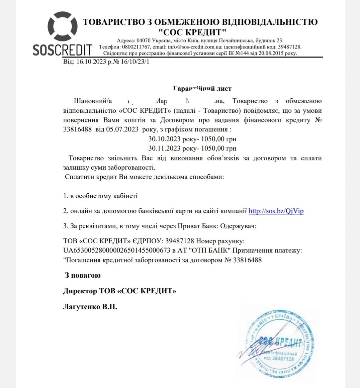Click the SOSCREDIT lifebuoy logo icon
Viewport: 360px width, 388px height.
[63, 27]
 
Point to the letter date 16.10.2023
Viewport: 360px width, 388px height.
[91, 62]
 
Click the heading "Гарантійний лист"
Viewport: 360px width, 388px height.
[202, 89]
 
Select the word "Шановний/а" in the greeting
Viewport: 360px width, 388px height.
[93, 101]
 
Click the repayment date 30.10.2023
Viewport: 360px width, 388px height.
[165, 139]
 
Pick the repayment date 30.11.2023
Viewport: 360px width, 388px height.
[165, 148]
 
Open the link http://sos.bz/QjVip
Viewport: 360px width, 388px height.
[276, 211]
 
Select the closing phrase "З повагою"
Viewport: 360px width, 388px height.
[83, 276]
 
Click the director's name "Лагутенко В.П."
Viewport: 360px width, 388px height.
[90, 306]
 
